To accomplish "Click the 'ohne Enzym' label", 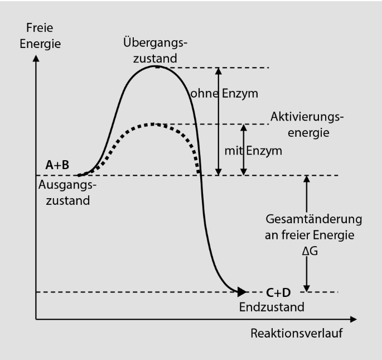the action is point(224,94).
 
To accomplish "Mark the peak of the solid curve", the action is point(156,66).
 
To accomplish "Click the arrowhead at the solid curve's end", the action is point(241,291).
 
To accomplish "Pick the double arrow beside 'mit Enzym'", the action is point(243,150).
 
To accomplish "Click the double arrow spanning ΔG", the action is point(306,234).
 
